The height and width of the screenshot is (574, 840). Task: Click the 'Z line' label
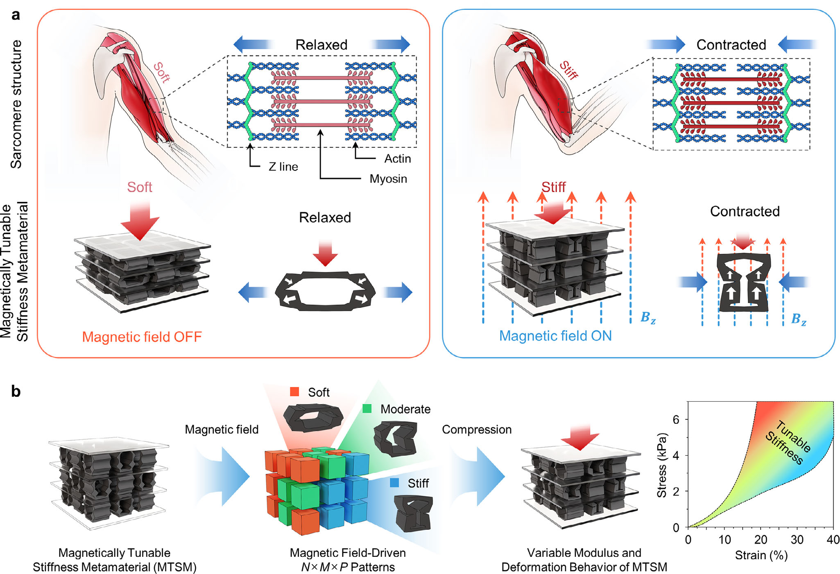point(283,167)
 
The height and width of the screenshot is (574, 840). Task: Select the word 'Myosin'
point(388,179)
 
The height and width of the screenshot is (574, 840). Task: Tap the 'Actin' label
point(397,159)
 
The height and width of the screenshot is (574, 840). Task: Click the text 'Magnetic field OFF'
point(142,337)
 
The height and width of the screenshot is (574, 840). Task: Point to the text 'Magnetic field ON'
point(555,336)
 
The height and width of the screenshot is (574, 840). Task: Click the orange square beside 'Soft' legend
point(294,392)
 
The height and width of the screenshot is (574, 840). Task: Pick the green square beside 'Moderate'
point(367,409)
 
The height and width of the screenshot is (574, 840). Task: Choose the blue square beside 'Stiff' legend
point(394,483)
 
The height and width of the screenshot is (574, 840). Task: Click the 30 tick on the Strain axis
point(797,540)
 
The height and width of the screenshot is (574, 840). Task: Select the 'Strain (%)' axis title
point(761,556)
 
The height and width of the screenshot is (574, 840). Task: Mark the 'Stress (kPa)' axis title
point(662,465)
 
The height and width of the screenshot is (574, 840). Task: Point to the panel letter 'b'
point(16,391)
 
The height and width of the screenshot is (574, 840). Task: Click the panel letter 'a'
point(16,15)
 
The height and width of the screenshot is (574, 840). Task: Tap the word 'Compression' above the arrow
point(477,429)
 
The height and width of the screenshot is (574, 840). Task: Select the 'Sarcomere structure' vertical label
point(16,104)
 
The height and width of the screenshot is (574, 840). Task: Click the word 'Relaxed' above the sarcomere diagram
point(322,45)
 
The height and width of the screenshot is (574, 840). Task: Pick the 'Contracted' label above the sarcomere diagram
point(731,45)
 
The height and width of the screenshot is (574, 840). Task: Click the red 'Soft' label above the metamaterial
point(139,187)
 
